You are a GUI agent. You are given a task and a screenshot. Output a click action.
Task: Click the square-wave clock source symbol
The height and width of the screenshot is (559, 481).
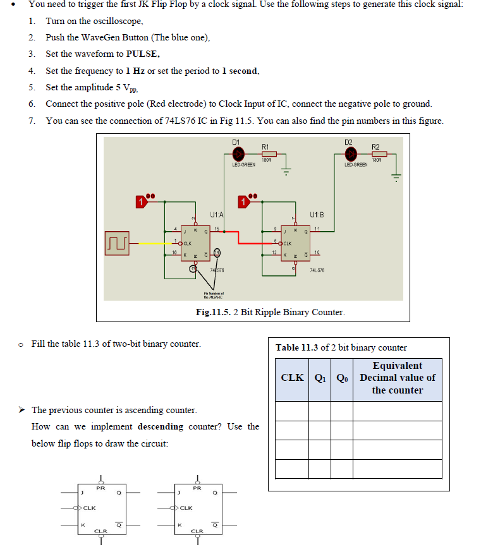119,242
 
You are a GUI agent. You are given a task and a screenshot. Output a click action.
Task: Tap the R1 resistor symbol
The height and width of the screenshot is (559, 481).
269,153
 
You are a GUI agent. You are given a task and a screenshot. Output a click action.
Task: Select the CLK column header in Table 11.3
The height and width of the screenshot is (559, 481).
292,378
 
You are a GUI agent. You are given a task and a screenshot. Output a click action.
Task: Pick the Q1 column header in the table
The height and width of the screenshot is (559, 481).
320,378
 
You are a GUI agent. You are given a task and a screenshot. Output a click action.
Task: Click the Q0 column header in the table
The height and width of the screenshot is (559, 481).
342,378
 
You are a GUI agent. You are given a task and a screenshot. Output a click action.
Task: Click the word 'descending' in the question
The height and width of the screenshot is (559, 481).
160,426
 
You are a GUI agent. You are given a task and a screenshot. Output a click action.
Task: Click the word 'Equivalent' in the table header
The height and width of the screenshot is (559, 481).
397,366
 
